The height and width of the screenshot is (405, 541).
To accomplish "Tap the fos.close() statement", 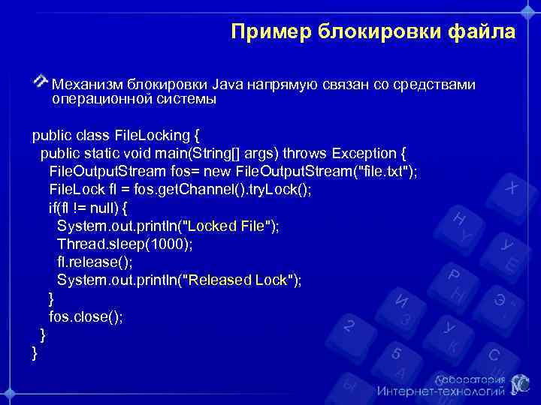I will (86, 316).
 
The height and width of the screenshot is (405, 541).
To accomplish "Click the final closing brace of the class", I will (35, 352).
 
